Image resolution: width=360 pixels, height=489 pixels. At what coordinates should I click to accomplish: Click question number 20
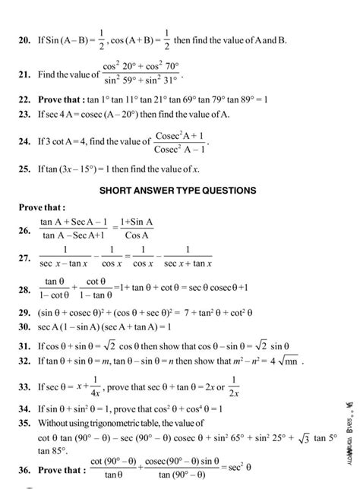point(23,39)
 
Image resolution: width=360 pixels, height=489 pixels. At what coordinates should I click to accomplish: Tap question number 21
point(23,75)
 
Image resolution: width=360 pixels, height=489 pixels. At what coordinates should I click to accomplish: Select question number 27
point(23,260)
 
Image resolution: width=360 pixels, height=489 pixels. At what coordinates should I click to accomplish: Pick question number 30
point(23,327)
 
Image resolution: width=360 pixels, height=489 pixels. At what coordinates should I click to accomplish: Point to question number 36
point(23,469)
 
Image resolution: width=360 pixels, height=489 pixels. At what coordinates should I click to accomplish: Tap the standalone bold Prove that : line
point(43,207)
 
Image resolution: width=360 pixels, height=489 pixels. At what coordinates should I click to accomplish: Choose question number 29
point(23,313)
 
